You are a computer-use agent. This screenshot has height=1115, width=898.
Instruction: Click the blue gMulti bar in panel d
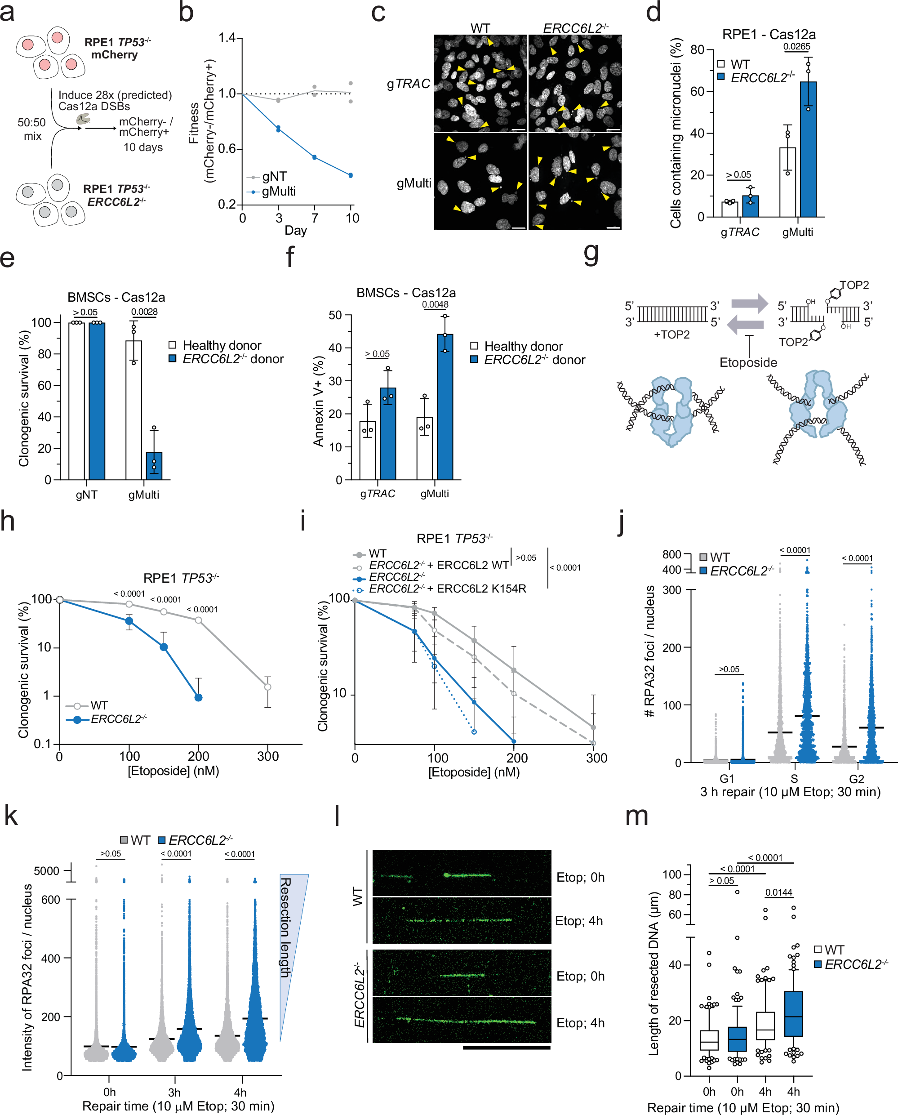808,150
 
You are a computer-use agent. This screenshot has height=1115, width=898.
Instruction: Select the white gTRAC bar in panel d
730,209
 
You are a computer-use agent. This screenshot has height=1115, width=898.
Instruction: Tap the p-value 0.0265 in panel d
796,47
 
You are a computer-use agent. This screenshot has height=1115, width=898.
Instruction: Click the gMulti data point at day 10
351,175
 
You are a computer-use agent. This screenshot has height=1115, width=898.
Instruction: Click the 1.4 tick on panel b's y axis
227,38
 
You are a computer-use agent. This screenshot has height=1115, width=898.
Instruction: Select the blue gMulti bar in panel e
154,466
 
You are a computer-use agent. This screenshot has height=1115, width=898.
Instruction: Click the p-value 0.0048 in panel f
435,305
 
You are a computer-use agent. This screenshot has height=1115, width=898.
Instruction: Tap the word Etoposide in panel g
748,362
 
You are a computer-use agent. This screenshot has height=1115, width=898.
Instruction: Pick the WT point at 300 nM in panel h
267,687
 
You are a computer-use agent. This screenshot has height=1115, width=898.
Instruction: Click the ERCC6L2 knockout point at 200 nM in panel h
198,697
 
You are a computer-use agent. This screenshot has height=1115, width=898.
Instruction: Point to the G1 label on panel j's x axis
727,779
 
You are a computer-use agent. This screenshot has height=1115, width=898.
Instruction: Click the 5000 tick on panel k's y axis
47,871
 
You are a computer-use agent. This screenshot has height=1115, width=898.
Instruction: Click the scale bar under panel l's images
507,1048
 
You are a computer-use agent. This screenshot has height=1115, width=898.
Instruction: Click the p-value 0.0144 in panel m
778,892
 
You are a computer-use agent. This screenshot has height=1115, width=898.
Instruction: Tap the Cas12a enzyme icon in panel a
83,120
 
